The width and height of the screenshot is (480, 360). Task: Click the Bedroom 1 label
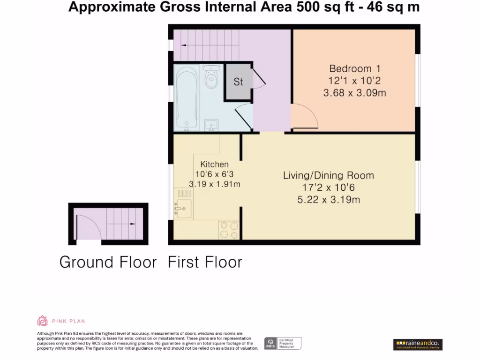point(354,68)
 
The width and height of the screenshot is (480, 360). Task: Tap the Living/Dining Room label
point(328,176)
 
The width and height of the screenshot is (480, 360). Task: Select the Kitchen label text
point(214,165)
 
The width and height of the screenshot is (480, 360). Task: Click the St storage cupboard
point(238,82)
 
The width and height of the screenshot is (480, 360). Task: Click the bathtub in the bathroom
point(187,97)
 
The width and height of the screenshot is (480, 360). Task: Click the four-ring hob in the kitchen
point(229,229)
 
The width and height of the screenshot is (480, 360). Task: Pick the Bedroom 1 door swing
point(304,117)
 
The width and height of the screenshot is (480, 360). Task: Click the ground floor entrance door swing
point(87,227)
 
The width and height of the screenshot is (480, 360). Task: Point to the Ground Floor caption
point(108,262)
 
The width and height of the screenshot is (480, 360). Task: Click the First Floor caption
point(205,262)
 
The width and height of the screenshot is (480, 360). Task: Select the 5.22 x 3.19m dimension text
point(329,200)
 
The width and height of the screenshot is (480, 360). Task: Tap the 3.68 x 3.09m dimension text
point(354,93)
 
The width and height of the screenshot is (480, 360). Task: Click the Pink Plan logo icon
point(43,321)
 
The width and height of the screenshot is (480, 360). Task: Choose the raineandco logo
point(418,345)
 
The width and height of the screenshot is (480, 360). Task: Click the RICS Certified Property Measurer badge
point(282,344)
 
